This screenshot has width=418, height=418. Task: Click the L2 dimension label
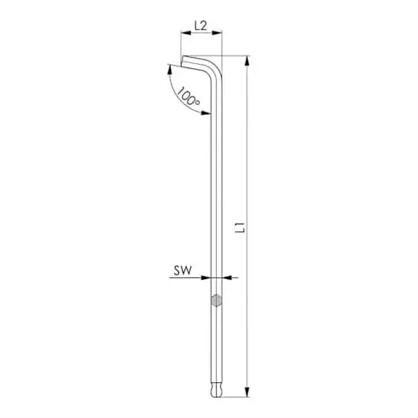coord(201,26)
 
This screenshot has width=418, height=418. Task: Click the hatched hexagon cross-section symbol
coord(218,300)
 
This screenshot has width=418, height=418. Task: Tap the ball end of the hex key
coord(218,387)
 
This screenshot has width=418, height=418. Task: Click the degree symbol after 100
coord(199,103)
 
